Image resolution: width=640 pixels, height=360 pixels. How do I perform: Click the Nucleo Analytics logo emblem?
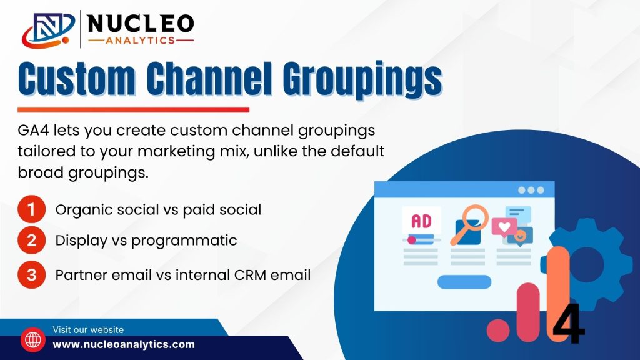coord(48,30)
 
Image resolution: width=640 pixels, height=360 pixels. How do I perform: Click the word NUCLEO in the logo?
coord(141,24)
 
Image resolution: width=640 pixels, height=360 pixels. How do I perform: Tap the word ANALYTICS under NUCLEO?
coord(141,41)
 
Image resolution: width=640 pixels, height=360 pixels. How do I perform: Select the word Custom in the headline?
coord(77,79)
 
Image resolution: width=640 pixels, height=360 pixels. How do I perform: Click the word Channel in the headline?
coord(209,78)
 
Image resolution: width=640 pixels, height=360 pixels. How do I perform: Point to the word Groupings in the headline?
coord(362,79)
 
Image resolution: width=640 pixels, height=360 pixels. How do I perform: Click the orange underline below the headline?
coord(134,109)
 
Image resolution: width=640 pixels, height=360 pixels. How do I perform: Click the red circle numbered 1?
coord(31,209)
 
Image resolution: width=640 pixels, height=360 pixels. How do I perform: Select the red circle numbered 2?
coord(31,241)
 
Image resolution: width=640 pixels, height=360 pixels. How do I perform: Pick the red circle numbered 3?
coord(31,275)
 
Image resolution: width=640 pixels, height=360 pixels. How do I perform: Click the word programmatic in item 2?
coord(184,241)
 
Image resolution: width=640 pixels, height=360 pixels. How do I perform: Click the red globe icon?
coord(33,339)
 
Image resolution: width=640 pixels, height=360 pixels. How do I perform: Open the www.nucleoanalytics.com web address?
coord(124,344)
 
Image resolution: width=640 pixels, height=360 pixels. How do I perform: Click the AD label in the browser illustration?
coord(421,221)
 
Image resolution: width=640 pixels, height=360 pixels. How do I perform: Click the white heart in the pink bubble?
coord(504,226)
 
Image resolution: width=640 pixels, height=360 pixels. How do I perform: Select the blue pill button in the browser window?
coord(464,282)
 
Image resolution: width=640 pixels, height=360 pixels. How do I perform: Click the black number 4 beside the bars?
coord(569,324)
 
